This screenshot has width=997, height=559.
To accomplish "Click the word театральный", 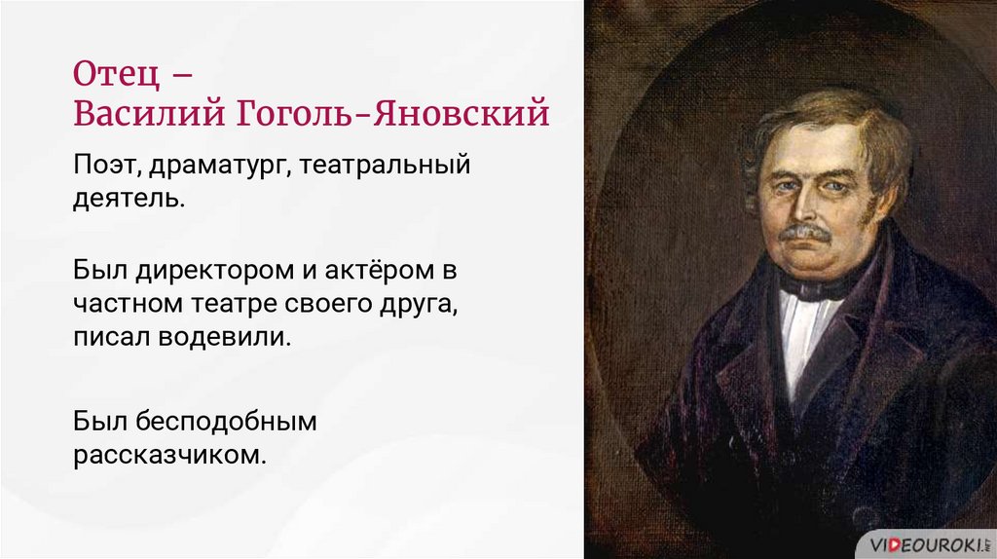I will [386, 166].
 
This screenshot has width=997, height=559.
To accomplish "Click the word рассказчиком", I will [168, 455].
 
